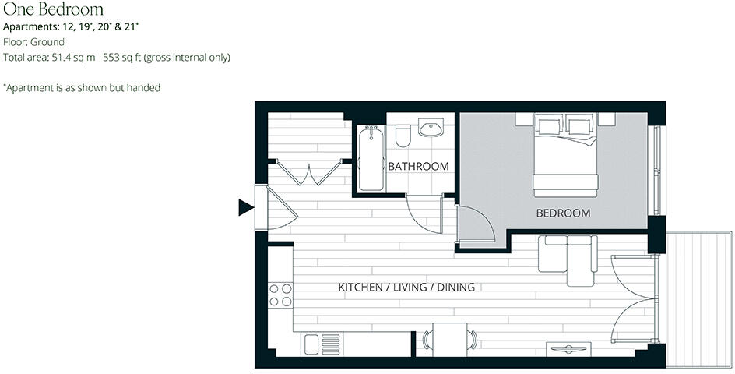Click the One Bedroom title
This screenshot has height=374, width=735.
point(53,9)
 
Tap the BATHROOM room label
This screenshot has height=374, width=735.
point(418,166)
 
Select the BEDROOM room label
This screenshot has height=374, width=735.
point(563,213)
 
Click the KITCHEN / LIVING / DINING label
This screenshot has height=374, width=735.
point(406,287)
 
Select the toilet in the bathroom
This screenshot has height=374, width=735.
point(403,136)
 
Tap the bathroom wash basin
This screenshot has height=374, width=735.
point(430,127)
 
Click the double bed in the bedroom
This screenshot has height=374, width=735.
point(565,156)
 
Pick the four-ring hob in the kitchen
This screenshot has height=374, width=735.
point(280,295)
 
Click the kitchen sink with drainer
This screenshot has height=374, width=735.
point(321,344)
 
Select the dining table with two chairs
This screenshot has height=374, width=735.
point(450,340)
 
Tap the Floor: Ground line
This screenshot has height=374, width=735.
point(33,42)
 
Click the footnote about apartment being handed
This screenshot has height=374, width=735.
point(82,88)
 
